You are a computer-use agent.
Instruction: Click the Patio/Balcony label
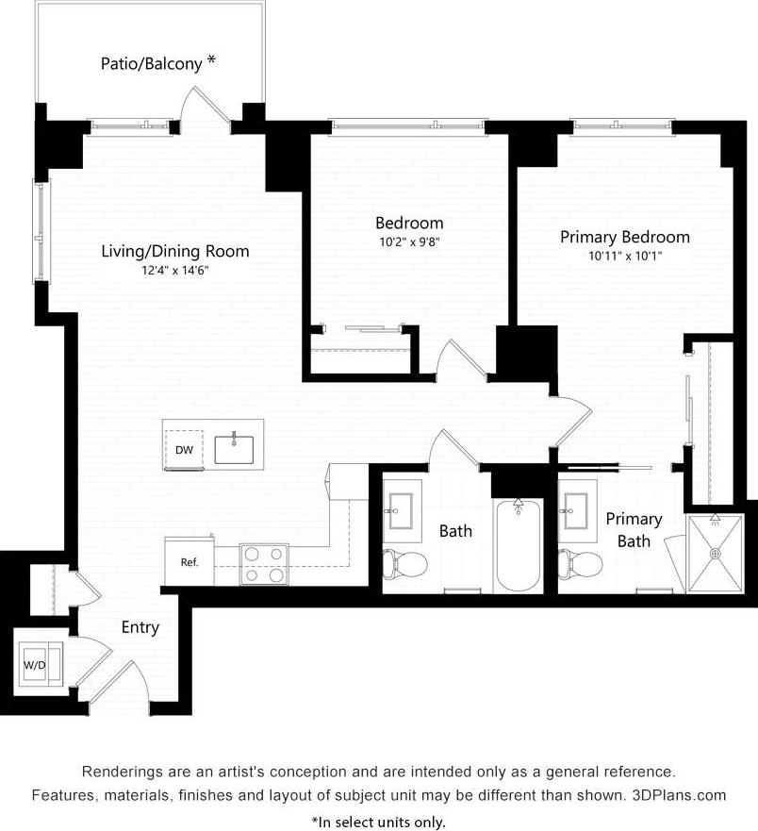point(151,64)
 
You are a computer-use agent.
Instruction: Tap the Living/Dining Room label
point(175,251)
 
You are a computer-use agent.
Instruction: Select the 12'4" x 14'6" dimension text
point(175,270)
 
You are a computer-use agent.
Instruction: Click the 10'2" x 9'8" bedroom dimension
point(409,241)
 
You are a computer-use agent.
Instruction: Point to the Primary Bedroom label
point(625,237)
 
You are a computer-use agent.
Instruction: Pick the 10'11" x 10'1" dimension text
point(625,256)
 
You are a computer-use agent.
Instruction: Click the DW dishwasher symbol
point(185,450)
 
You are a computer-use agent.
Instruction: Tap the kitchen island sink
point(234,449)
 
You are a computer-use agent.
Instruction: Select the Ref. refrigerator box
point(189,562)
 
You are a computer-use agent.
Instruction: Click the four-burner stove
point(263,564)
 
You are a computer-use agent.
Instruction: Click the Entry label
point(140,627)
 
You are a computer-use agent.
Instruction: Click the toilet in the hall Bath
point(406,564)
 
